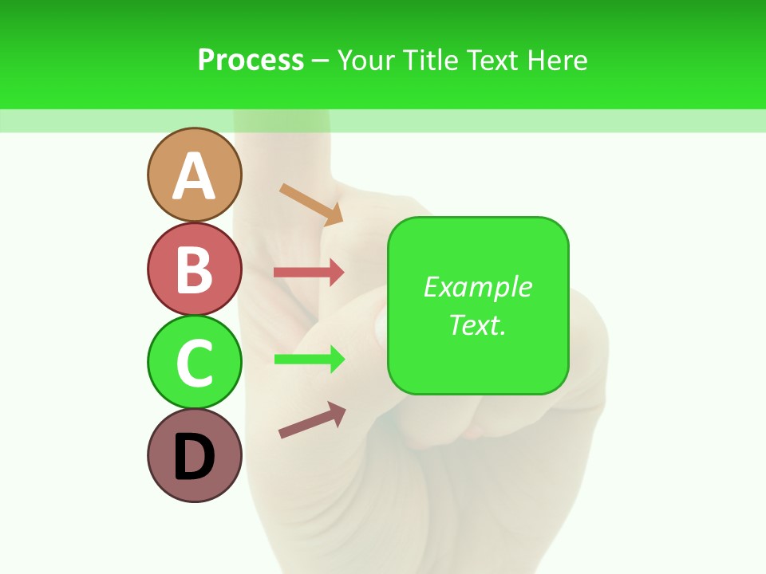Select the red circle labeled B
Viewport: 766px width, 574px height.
[x=194, y=269]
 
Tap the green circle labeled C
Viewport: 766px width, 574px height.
[x=194, y=363]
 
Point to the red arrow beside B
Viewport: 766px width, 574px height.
[x=309, y=272]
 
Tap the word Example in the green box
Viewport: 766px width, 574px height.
[x=478, y=287]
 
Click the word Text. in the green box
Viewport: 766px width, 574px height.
[x=477, y=324]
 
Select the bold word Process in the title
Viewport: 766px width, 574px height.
[x=251, y=60]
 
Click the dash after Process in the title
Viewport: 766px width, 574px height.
[x=320, y=61]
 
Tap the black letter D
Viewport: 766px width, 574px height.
[x=194, y=458]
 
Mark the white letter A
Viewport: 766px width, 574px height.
[x=194, y=176]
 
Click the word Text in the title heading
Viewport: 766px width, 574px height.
[x=492, y=60]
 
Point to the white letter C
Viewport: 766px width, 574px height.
[x=194, y=363]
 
